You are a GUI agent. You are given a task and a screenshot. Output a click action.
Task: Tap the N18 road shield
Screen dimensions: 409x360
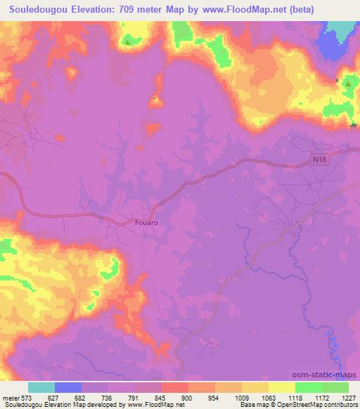[x=320, y=160]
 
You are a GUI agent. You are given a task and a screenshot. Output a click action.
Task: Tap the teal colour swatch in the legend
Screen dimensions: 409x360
[x=41, y=387]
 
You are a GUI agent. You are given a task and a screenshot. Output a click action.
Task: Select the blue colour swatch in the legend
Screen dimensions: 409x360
[x=67, y=387]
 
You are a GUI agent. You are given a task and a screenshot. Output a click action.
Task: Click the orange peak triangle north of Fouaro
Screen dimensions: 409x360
[x=155, y=99]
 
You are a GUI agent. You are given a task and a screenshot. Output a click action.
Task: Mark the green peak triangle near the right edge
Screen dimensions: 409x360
[x=347, y=84]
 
